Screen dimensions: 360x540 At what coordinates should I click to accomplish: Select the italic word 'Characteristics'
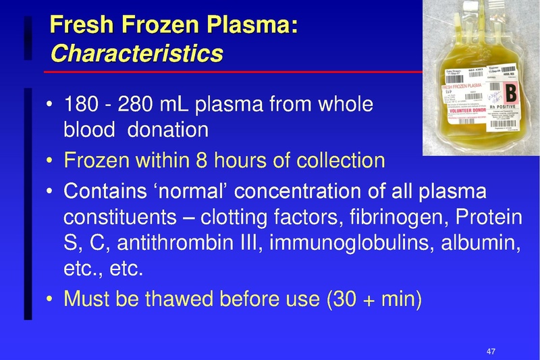click(x=136, y=53)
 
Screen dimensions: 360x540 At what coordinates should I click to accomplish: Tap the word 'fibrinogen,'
click(x=396, y=218)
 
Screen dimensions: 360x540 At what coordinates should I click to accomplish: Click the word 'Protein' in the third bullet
click(x=489, y=218)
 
